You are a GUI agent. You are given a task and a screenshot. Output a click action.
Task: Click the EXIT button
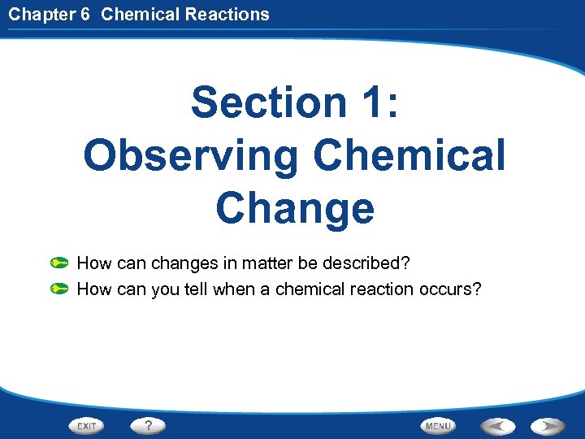[88, 426]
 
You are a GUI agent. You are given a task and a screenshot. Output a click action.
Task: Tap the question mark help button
[147, 425]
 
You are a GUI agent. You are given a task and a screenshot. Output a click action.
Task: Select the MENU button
[438, 426]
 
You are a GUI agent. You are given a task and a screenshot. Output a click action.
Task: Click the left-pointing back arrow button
[496, 426]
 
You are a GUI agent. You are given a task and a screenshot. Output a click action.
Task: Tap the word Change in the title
[294, 207]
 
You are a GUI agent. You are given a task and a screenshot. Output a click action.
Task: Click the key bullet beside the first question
[58, 263]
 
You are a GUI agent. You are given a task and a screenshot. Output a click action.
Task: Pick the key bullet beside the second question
[58, 289]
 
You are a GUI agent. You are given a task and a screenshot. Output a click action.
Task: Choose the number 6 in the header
[85, 14]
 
